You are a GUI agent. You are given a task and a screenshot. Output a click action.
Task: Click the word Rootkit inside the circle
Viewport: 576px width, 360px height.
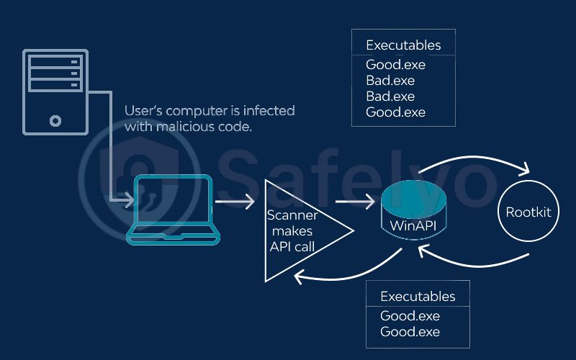click(x=529, y=212)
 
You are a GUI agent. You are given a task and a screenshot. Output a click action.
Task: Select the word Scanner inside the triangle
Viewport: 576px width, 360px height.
click(x=292, y=215)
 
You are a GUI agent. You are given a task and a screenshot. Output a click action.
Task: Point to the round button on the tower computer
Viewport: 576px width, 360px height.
click(x=55, y=121)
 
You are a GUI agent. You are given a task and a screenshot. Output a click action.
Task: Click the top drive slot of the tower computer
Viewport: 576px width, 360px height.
click(x=55, y=61)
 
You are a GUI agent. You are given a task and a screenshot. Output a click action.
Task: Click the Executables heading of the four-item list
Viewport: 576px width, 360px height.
click(x=403, y=45)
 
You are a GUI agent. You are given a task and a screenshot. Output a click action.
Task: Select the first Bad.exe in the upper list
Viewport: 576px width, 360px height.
click(x=390, y=81)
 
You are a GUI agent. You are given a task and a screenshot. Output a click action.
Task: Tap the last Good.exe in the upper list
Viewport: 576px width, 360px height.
click(x=395, y=112)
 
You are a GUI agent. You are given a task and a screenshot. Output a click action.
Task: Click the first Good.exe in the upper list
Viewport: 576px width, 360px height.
click(x=395, y=65)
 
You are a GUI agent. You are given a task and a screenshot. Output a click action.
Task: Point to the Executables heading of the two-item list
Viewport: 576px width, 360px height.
click(x=418, y=297)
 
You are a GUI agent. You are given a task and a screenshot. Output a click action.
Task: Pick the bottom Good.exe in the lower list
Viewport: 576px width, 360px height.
click(x=410, y=332)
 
